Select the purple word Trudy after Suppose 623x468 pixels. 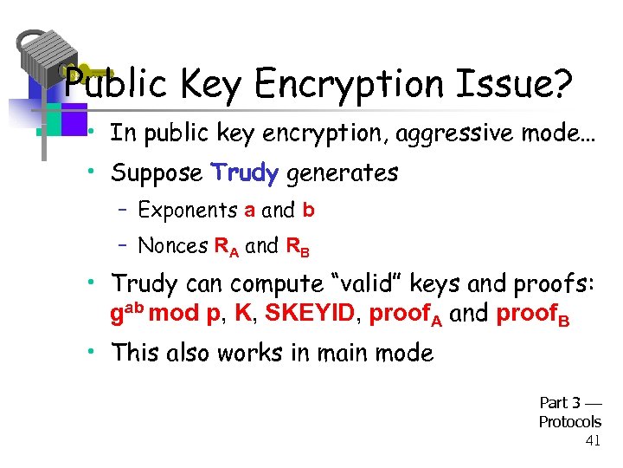coord(245,173)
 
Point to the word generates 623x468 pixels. coord(342,173)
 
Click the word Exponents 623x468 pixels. coord(188,210)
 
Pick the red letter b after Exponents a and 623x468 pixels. coord(308,210)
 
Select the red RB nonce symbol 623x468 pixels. coord(297,248)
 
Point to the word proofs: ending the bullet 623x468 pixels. coord(555,283)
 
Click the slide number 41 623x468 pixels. coord(593,441)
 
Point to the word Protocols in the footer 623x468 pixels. coord(569,422)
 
